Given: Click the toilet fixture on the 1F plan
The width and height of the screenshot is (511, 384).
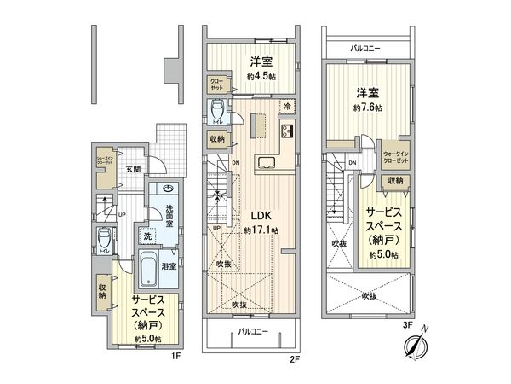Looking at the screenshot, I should click(x=103, y=236).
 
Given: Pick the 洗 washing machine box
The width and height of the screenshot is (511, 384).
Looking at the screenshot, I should click(x=146, y=236).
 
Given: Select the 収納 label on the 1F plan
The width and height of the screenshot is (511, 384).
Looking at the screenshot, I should click(x=102, y=293).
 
